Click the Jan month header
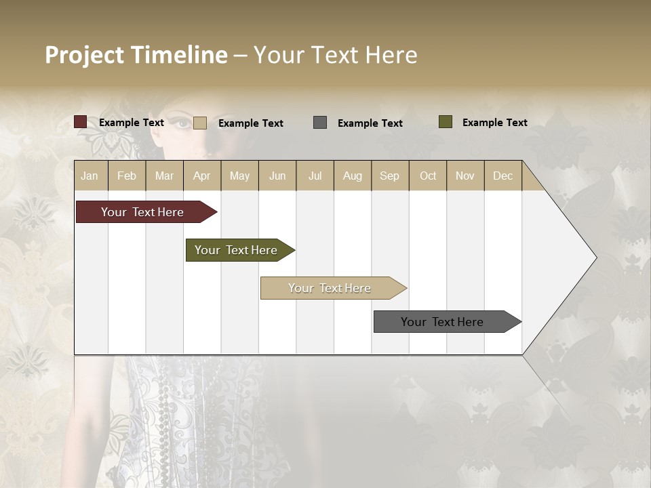(90, 176)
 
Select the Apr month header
(202, 176)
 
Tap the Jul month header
(315, 176)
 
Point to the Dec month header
(502, 176)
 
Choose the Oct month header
(427, 176)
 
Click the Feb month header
(127, 176)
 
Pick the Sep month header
(390, 176)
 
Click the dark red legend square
(81, 122)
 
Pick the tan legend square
(200, 123)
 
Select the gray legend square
(320, 123)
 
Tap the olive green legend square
(446, 122)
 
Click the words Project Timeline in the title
(136, 55)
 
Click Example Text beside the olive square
(495, 123)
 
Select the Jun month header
(277, 176)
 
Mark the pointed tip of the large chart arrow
(595, 258)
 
